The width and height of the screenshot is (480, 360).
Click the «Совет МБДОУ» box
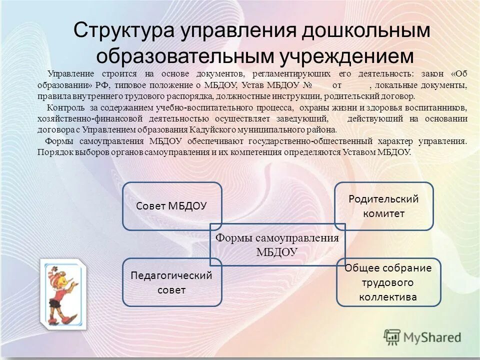171,205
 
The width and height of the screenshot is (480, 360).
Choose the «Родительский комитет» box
383,205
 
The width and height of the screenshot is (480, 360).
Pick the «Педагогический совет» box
171,282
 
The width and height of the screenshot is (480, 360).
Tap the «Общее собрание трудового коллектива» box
388,282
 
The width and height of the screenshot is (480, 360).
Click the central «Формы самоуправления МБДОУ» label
277,245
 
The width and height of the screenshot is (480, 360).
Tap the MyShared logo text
432,337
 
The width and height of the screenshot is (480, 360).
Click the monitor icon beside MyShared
392,337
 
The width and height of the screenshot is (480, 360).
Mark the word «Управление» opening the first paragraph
66,73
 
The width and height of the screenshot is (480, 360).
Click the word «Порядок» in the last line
54,152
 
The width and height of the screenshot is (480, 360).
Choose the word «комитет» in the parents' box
383,213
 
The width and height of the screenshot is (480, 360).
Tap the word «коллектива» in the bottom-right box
388,297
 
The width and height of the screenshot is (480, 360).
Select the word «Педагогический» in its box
171,275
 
